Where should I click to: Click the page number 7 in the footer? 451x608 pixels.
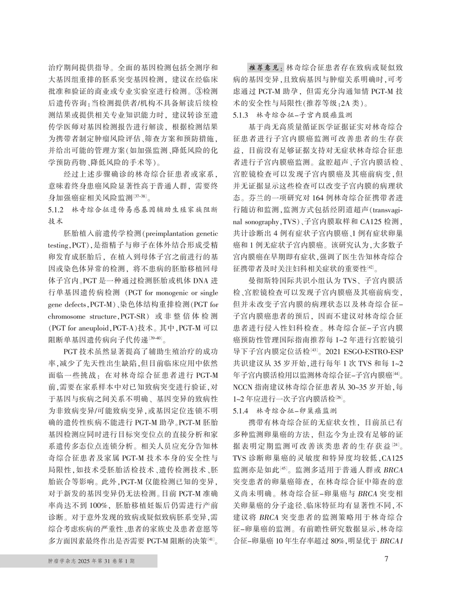point(386,559)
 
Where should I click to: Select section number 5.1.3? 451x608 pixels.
point(241,115)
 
